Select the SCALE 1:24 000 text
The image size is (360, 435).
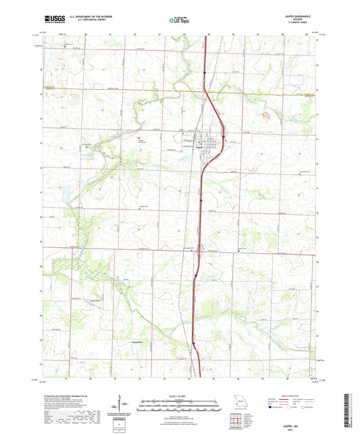[x=179, y=394]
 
